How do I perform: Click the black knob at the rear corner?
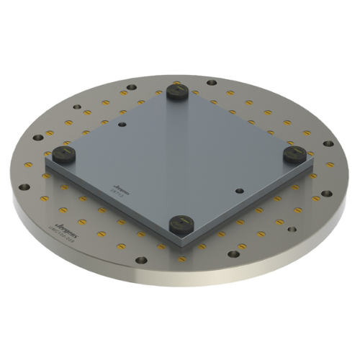(176, 91)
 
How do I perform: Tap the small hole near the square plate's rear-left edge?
(122, 125)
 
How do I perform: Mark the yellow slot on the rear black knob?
(176, 89)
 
